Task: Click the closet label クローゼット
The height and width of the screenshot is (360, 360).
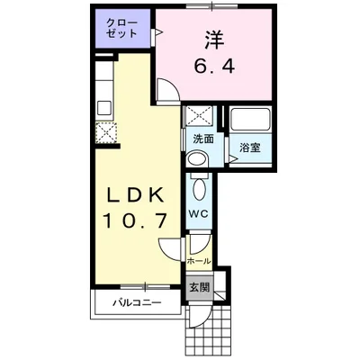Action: coord(121,27)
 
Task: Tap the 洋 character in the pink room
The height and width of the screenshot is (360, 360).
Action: coord(213,41)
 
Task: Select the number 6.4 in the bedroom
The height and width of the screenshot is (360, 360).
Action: coord(213,66)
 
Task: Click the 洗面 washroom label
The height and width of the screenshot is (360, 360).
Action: coord(202,139)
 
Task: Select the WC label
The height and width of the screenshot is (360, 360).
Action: coord(198,213)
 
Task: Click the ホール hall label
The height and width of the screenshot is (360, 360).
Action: coord(198,261)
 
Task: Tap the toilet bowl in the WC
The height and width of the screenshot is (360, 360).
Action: coord(199,189)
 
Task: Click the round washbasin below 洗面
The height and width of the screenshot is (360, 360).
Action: coord(196,159)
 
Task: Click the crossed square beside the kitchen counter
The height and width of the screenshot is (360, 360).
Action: coord(105,132)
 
